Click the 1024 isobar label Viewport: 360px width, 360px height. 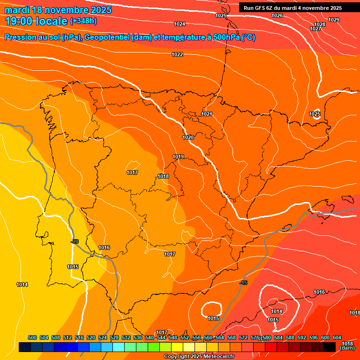pos(180,24)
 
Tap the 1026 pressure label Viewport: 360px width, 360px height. pos(277,15)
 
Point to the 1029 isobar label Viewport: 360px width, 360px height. pos(334,20)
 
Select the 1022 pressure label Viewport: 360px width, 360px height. pos(177,55)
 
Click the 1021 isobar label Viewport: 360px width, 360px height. pos(207,114)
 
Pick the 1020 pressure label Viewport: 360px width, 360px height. pos(188,137)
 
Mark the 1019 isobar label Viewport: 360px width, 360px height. pos(178,157)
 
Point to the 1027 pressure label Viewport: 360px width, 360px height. pos(316,29)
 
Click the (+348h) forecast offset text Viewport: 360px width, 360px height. pos(83,21)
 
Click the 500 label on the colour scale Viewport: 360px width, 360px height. pos(32,337)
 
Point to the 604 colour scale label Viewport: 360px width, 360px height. pos(337,337)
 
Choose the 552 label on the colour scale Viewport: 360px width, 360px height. pos(185,337)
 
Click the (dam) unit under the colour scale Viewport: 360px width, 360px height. pos(347,348)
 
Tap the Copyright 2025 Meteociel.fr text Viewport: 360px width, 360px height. pos(199,357)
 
